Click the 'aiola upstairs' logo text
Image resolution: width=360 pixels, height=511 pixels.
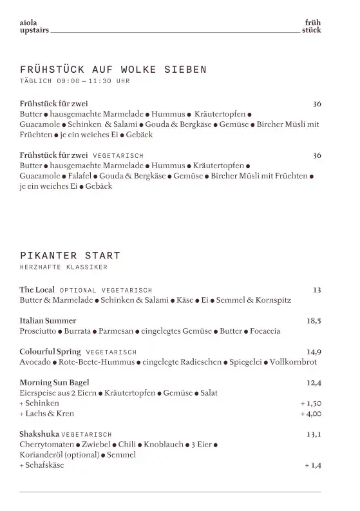pyautogui.click(x=34, y=26)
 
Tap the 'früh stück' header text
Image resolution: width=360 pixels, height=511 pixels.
pyautogui.click(x=312, y=26)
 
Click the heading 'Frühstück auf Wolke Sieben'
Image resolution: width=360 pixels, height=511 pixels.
pyautogui.click(x=113, y=69)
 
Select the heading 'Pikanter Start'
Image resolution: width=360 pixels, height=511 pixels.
pyautogui.click(x=70, y=256)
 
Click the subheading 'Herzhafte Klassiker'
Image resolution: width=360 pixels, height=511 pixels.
pyautogui.click(x=63, y=267)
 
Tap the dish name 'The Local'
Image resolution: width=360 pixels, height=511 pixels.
pyautogui.click(x=37, y=290)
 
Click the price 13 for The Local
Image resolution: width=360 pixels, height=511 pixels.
pyautogui.click(x=317, y=290)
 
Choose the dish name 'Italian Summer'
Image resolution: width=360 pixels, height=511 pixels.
pyautogui.click(x=48, y=320)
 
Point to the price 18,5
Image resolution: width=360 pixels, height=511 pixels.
pyautogui.click(x=314, y=320)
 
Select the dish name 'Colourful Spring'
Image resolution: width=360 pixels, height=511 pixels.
pyautogui.click(x=50, y=351)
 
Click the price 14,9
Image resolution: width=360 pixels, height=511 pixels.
pyautogui.click(x=314, y=351)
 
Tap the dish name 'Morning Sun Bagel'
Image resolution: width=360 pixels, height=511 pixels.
pyautogui.click(x=54, y=382)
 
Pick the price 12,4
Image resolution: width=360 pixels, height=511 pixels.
pyautogui.click(x=314, y=382)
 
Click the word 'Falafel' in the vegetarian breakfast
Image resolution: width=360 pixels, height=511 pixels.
pyautogui.click(x=80, y=175)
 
